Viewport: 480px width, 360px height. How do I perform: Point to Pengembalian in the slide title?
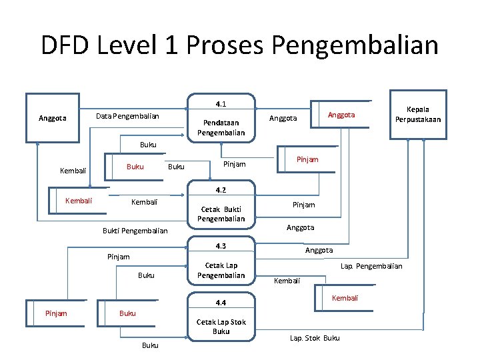tap(355, 45)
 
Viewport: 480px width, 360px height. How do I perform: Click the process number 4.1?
tap(221, 105)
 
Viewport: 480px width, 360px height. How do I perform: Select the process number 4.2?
tap(221, 190)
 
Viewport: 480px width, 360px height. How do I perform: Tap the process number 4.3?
tap(221, 246)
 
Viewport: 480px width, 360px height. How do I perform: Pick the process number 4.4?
tap(221, 303)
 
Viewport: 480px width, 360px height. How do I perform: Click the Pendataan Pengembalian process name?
tap(221, 128)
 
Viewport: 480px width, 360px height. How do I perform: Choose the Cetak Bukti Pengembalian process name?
tap(221, 213)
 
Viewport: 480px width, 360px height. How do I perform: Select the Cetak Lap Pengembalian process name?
tap(221, 270)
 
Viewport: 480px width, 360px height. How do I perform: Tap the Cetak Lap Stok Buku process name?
tap(221, 327)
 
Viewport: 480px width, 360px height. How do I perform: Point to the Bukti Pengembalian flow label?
tap(135, 231)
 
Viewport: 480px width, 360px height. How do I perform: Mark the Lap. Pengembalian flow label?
tap(371, 266)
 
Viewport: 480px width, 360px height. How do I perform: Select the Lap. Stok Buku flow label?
tap(315, 338)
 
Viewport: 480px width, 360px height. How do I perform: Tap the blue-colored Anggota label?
tap(341, 115)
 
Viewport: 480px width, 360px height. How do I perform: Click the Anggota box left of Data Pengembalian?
tap(53, 118)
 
